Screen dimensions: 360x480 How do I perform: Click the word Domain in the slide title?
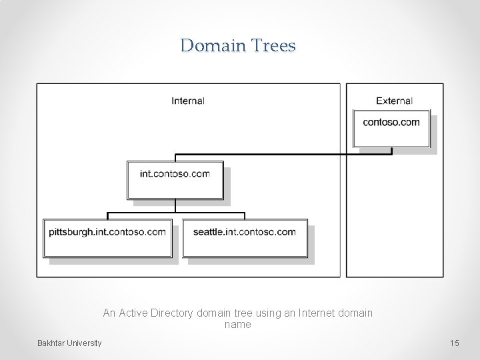[213, 45]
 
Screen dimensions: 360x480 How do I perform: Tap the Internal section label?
[188, 101]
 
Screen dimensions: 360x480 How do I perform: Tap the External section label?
[394, 101]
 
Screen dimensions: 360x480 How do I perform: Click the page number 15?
[455, 343]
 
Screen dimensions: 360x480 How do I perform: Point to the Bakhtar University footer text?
[69, 343]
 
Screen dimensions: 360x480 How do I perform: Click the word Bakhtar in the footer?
[51, 343]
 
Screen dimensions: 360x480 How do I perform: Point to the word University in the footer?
[85, 343]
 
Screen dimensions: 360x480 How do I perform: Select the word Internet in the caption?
[319, 313]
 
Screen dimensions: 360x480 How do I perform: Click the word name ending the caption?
[238, 325]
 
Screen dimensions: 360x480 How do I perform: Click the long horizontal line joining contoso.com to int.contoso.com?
[280, 155]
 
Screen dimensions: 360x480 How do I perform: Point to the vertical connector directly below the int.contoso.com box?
[175, 206]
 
